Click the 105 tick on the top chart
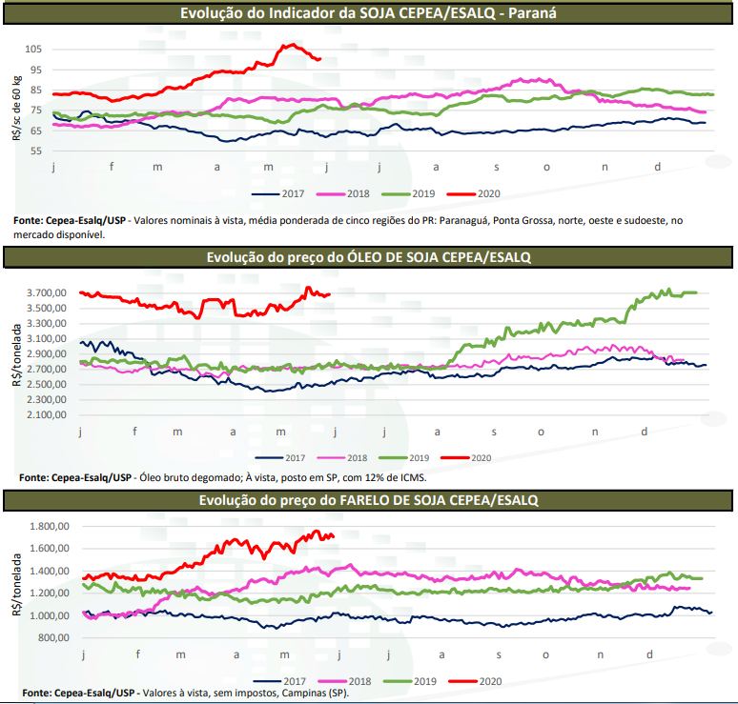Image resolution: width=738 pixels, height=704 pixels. (x=33, y=49)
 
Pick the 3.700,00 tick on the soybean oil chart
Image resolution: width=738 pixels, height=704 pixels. (x=48, y=293)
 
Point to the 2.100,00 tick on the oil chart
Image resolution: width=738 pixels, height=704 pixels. (x=48, y=415)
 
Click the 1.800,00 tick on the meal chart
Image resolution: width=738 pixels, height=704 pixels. (x=50, y=526)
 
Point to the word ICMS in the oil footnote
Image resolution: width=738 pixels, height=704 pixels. (x=409, y=476)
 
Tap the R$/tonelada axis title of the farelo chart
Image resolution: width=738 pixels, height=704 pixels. (x=17, y=582)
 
